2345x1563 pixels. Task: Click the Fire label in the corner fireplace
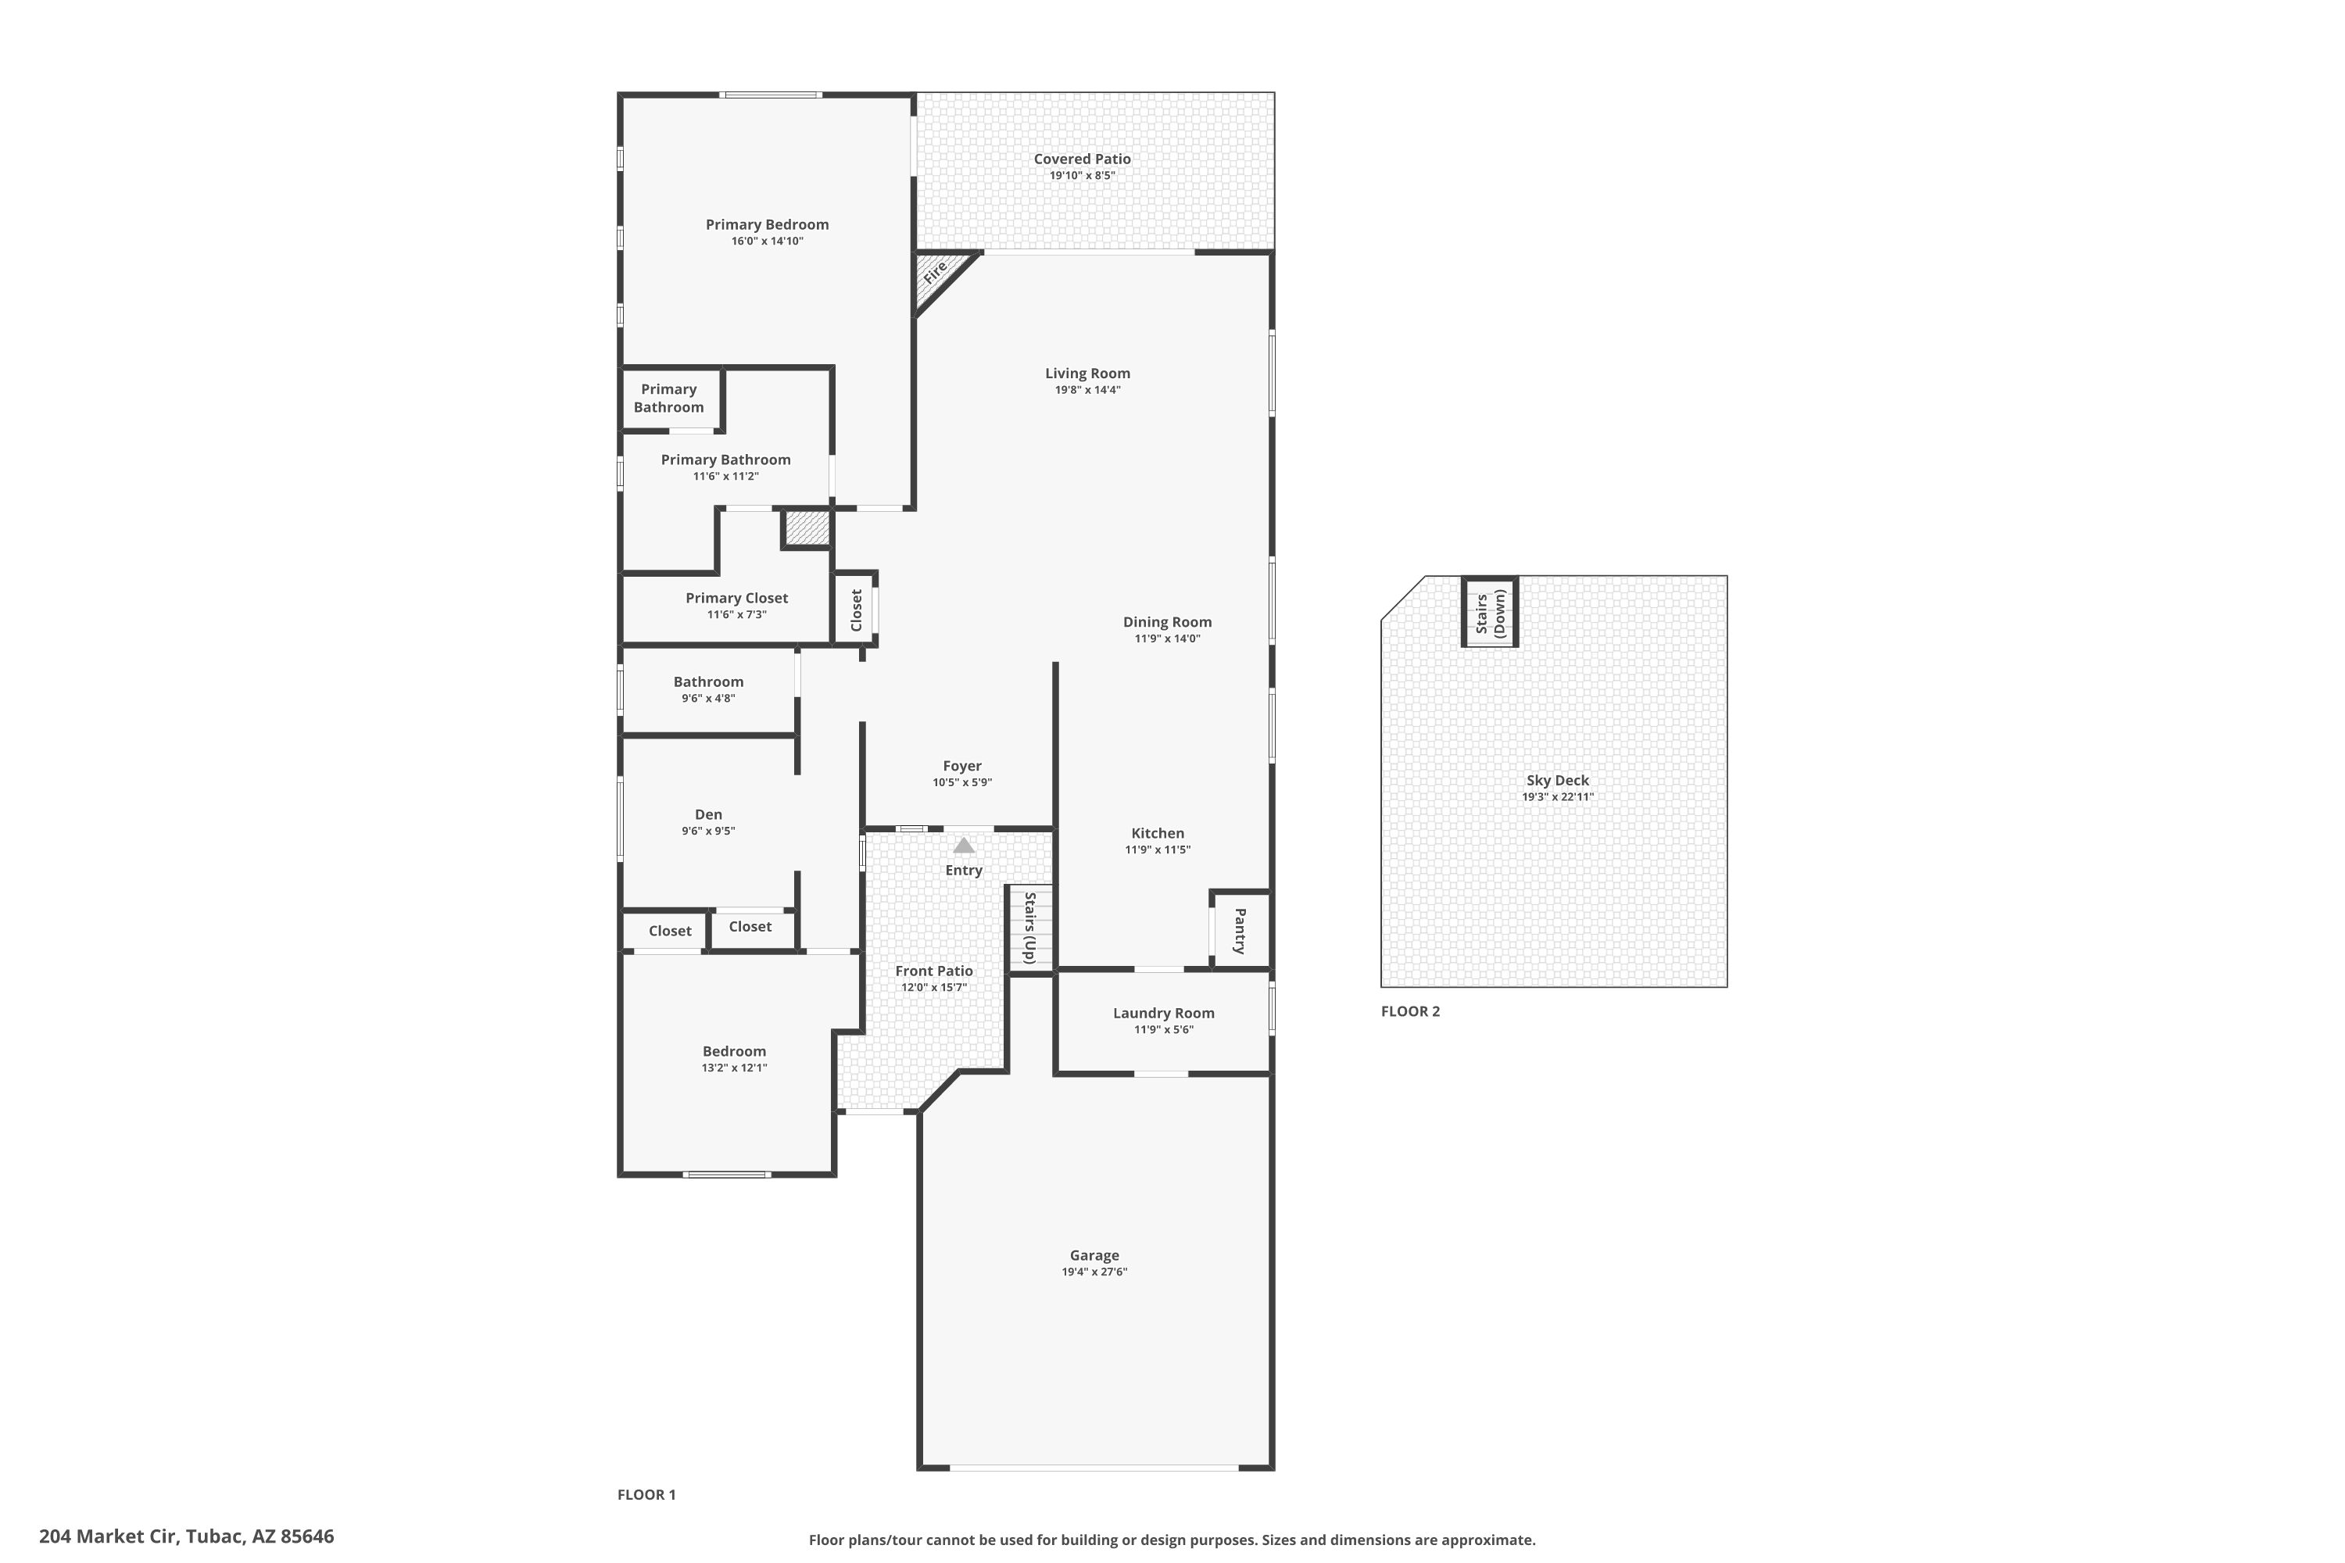[x=934, y=272]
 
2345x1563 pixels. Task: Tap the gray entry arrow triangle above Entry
[x=963, y=846]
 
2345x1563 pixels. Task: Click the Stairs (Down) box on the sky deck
[x=1490, y=612]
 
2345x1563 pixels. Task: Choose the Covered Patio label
[x=1082, y=159]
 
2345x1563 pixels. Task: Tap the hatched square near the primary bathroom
[x=807, y=528]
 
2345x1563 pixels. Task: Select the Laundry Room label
[x=1164, y=1013]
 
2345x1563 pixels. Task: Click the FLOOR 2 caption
[x=1410, y=1010]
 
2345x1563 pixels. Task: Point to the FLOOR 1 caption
[x=646, y=1494]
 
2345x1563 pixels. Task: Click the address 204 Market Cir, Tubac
[x=187, y=1536]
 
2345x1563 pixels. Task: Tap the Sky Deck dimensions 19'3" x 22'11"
[x=1557, y=796]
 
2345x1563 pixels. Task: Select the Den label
[x=708, y=814]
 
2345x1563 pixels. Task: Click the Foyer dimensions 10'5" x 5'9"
[x=962, y=782]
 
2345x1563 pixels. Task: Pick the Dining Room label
[x=1166, y=622]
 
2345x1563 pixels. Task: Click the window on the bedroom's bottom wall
[x=727, y=1175]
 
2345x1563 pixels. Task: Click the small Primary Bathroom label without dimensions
[x=668, y=398]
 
